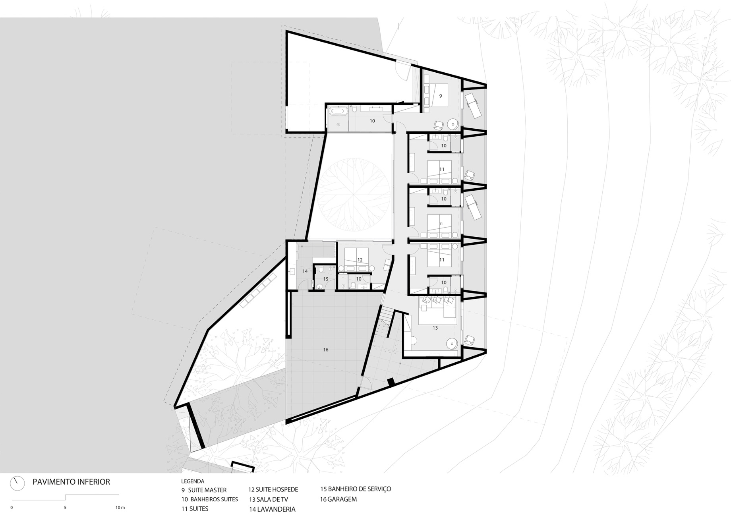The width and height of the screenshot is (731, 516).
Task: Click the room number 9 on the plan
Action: point(441,96)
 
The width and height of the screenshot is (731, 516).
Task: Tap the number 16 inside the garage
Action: point(326,350)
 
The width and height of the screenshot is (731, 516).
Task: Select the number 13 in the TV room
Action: point(435,328)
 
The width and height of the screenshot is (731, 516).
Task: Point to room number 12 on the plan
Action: point(360,260)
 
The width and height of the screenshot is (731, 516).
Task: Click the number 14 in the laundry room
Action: point(305,271)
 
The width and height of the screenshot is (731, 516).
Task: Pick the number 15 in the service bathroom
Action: point(326,279)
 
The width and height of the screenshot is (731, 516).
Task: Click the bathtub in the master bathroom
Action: point(338,112)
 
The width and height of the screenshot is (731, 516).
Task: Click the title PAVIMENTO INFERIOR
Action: point(71,482)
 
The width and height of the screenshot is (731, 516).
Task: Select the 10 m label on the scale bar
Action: point(120,507)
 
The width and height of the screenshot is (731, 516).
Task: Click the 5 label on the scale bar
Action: point(65,507)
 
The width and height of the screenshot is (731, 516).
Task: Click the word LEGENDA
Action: point(193,481)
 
